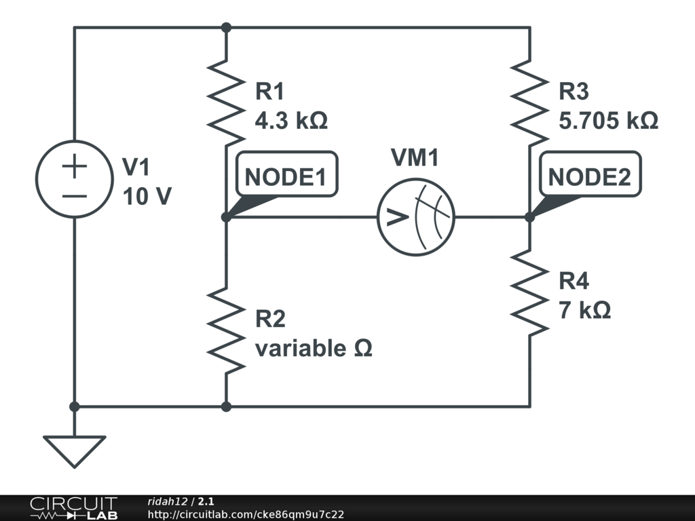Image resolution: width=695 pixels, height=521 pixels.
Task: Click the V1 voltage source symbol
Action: (75, 179)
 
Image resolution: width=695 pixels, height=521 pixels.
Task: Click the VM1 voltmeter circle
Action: (415, 218)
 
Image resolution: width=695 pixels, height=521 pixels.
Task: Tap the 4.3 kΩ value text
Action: (291, 121)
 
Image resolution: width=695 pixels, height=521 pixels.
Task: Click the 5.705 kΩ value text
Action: (608, 121)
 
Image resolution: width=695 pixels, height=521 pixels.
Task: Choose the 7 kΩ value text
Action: (585, 310)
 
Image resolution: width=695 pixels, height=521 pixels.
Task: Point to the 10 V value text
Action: (147, 196)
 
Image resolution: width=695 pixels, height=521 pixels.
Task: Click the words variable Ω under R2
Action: (314, 348)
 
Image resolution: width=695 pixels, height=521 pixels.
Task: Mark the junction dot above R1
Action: (226, 27)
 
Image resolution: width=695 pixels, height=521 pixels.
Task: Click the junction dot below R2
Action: (226, 406)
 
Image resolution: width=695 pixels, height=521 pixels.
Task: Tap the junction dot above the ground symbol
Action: (75, 406)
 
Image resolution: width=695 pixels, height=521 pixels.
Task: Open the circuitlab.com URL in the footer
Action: (246, 514)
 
